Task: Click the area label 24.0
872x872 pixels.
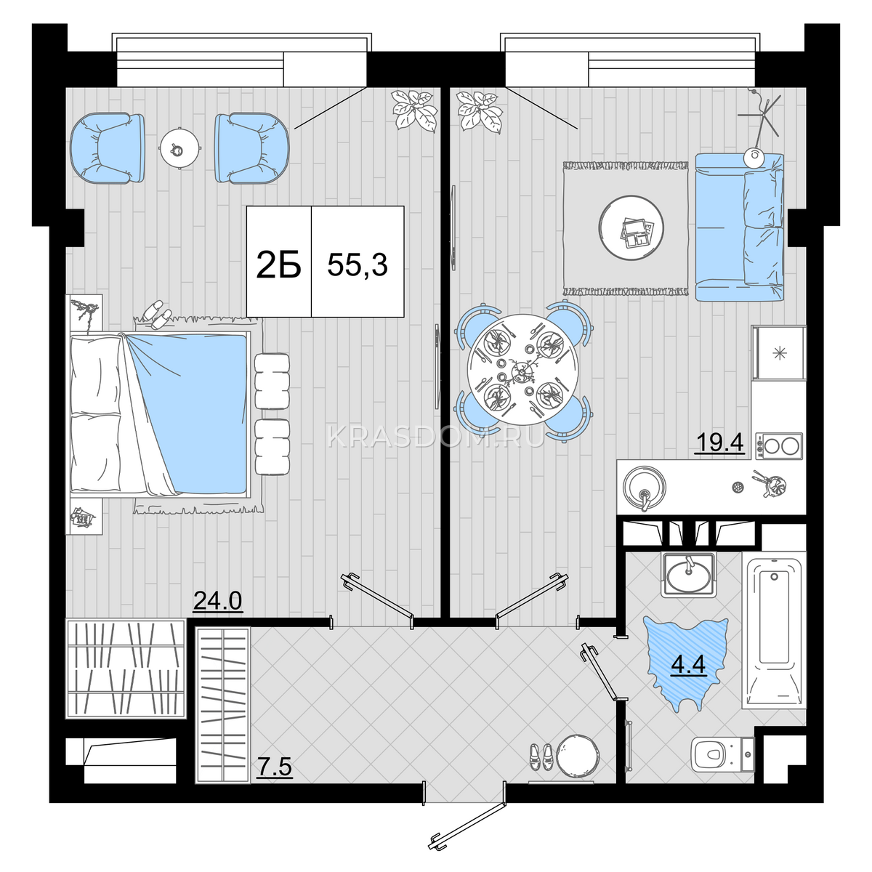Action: click(x=218, y=602)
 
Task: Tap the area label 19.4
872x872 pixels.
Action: click(x=720, y=443)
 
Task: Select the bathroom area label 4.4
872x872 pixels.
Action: click(x=688, y=664)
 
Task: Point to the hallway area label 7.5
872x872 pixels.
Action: click(x=275, y=767)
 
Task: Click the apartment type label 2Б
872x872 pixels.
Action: click(x=278, y=265)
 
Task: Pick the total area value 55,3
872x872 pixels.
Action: click(x=358, y=265)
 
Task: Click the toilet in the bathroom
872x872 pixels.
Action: click(x=722, y=754)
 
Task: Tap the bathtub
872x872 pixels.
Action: click(x=774, y=633)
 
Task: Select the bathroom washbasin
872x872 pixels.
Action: click(x=688, y=575)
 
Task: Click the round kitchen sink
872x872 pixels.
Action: click(x=645, y=487)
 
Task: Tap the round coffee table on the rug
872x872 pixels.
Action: click(x=631, y=228)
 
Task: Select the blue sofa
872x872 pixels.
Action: click(x=740, y=227)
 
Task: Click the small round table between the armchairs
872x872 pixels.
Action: click(x=179, y=148)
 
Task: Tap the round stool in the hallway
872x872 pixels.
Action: click(x=577, y=755)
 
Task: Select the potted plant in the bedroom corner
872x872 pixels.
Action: click(x=415, y=111)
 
